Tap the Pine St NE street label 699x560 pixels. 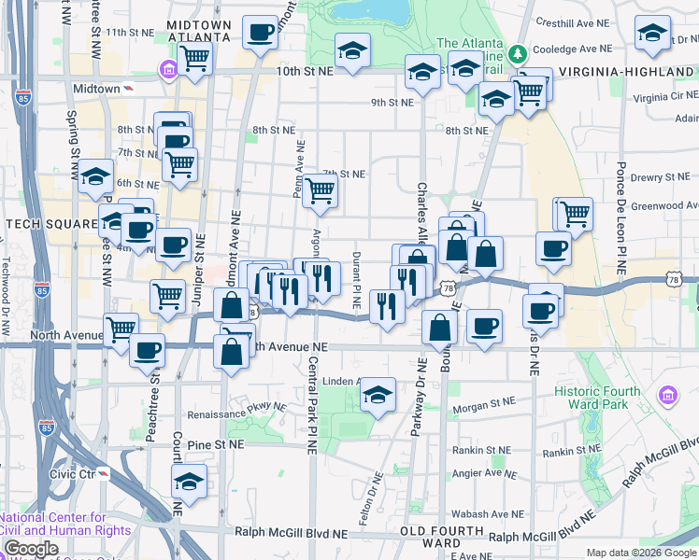[215, 446]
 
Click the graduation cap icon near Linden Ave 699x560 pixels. [378, 394]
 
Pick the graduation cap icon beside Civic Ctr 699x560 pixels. [189, 482]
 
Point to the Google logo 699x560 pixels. [31, 549]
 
